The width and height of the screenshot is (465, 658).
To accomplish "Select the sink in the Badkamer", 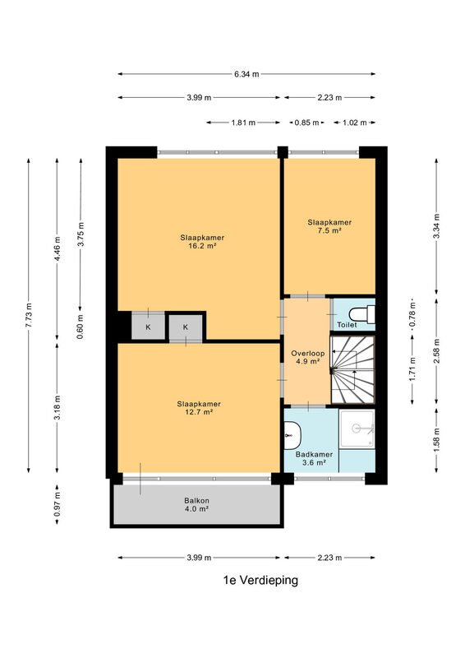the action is [292, 436].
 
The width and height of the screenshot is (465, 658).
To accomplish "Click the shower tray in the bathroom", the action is [357, 429].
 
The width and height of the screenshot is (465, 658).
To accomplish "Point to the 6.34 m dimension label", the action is [246, 74].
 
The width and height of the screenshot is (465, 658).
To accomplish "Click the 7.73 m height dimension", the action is [29, 315].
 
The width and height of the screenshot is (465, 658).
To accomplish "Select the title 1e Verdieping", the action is [260, 580].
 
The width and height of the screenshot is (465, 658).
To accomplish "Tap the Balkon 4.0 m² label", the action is [196, 504].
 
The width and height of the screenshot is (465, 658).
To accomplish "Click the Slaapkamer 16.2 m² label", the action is [202, 242].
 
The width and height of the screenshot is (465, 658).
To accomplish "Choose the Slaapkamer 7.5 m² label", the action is [329, 226].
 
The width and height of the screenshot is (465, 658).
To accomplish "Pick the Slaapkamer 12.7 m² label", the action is [199, 408].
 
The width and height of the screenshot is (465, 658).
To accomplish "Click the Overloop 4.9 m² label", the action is [308, 357].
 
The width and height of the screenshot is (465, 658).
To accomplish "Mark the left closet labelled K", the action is [148, 326].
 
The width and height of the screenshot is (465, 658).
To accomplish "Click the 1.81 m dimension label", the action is [243, 123].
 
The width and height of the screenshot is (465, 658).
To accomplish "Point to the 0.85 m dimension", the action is [307, 123].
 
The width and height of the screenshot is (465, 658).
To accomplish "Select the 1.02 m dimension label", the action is [355, 123].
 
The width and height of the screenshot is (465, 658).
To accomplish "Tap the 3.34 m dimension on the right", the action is [436, 226].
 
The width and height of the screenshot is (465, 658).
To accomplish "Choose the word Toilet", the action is [348, 324].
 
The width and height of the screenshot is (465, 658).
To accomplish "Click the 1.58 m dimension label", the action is [436, 440].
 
